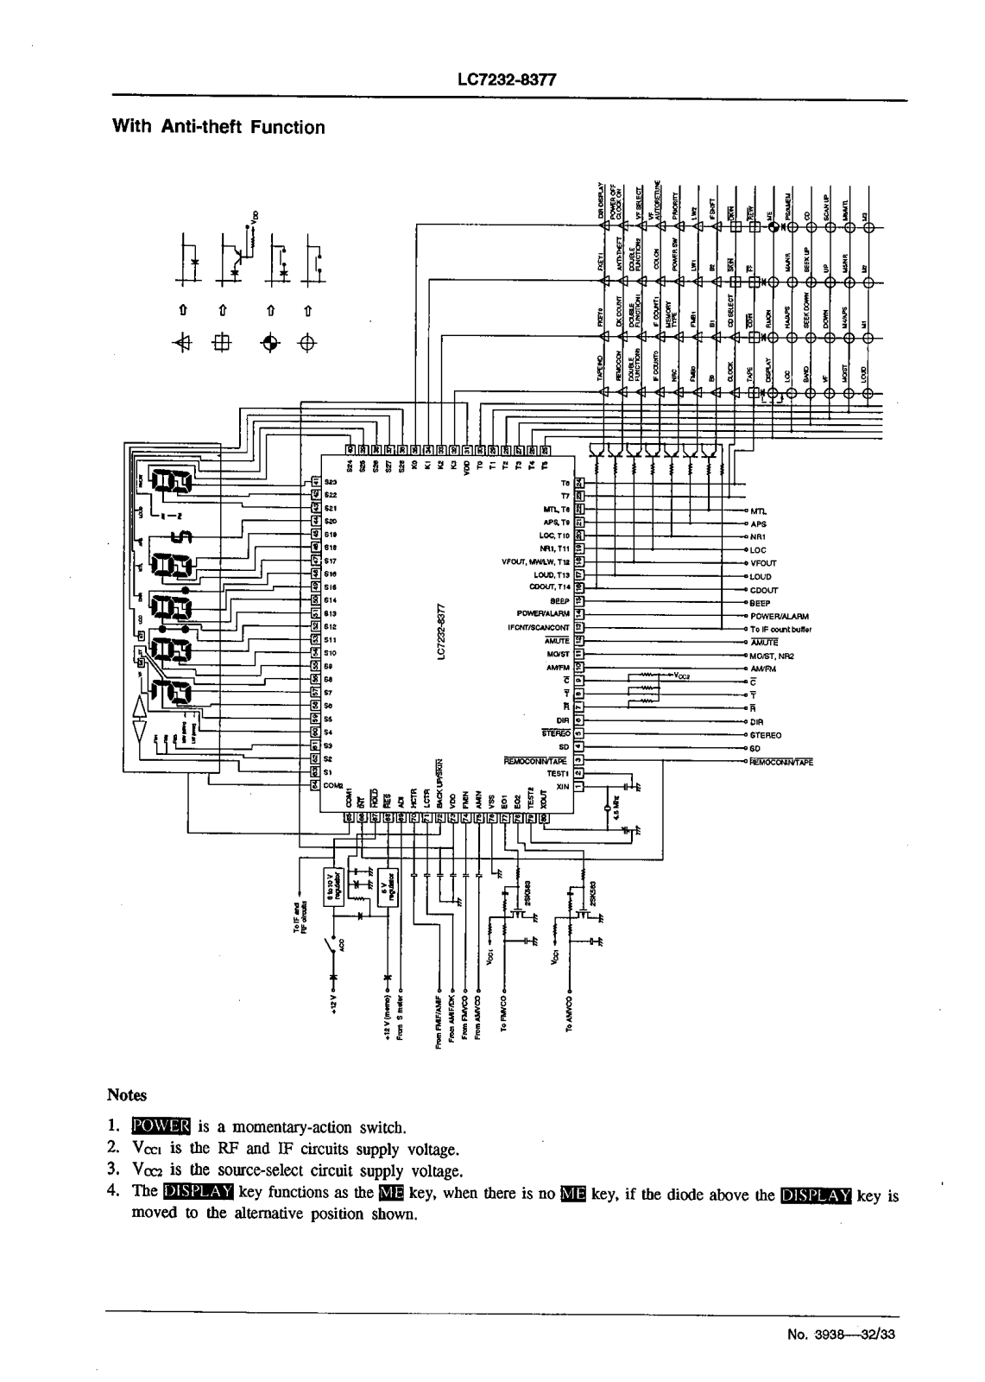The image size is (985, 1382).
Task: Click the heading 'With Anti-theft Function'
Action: click(219, 128)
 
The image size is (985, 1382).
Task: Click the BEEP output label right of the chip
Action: click(760, 604)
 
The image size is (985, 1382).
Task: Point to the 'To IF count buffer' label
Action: click(780, 630)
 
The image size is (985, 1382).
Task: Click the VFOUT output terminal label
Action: click(765, 563)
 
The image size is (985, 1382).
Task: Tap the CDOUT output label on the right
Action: click(764, 591)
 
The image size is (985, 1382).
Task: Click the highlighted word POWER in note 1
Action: click(161, 1127)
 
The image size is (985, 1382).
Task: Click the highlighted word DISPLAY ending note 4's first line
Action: click(815, 1195)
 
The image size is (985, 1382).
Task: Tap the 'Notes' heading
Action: click(128, 1095)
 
